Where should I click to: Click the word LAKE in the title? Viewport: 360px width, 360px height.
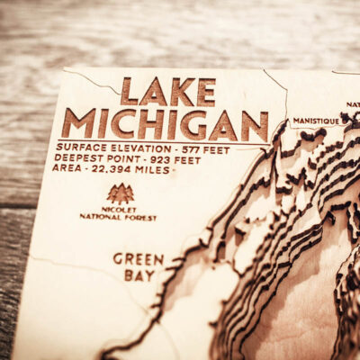tap(168, 91)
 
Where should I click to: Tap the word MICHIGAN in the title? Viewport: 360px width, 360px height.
tap(165, 124)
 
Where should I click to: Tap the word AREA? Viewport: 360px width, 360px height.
tap(66, 168)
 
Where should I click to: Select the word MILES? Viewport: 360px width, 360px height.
tap(150, 169)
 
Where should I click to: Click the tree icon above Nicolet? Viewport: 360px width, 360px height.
tap(120, 193)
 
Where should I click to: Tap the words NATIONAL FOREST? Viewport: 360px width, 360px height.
tap(117, 218)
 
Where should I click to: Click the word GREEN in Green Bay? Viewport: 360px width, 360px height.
tap(139, 259)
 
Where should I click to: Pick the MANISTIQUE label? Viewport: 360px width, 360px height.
tap(315, 121)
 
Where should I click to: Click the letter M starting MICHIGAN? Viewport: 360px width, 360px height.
tap(77, 123)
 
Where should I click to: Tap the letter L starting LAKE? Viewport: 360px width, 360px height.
tap(129, 91)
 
